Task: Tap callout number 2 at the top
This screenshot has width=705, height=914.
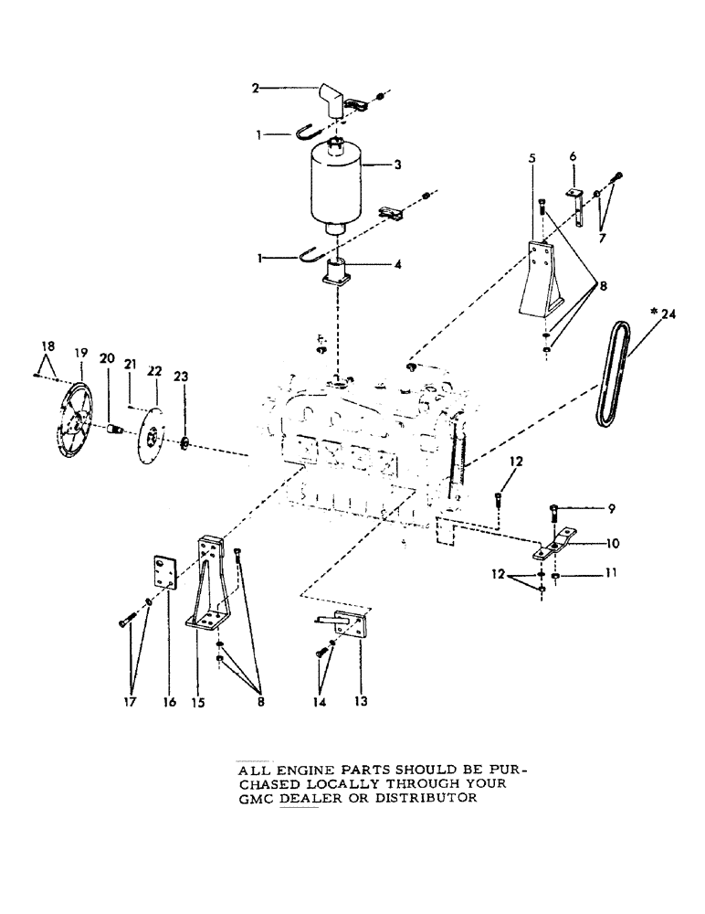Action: pyautogui.click(x=257, y=89)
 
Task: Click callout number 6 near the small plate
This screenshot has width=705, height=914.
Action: pyautogui.click(x=573, y=156)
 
